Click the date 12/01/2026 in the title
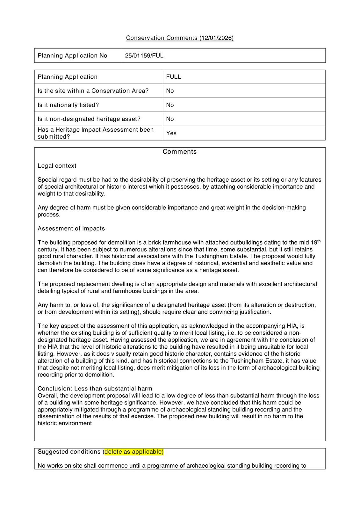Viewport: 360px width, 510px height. (x=217, y=38)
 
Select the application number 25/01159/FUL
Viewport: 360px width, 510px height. (x=144, y=56)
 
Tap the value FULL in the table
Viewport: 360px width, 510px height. (x=174, y=77)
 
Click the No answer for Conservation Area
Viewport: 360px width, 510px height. (x=170, y=91)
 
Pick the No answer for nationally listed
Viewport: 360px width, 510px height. (x=170, y=105)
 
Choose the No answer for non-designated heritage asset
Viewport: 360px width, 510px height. (x=170, y=119)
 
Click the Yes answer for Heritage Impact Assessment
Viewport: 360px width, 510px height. (x=171, y=133)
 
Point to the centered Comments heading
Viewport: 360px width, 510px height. (x=180, y=152)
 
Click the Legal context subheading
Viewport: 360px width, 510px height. (x=57, y=166)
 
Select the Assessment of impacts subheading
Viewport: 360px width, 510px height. (x=71, y=229)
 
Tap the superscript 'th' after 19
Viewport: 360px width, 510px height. (x=319, y=241)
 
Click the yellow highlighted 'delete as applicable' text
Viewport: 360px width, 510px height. (x=134, y=452)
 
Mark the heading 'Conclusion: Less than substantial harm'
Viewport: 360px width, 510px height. (x=95, y=389)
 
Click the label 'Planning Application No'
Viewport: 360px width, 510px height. (x=72, y=56)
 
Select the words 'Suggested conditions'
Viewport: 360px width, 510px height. (x=69, y=452)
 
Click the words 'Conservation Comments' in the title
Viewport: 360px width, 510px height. (x=162, y=38)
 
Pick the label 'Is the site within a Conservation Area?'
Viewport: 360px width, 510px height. (x=93, y=91)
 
